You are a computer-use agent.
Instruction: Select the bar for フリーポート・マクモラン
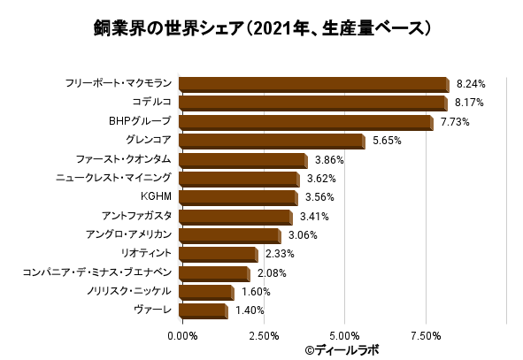pos(313,85)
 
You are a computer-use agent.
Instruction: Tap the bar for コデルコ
pos(312,103)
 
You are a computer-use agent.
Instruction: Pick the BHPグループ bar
pos(305,122)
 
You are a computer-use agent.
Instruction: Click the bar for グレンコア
pos(271,142)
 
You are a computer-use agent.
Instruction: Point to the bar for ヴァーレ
pos(203,310)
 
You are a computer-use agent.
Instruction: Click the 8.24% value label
pos(472,85)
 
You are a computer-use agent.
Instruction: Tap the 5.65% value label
pos(388,142)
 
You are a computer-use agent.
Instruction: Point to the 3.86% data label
pos(329,160)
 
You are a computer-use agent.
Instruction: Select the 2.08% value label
pos(272,273)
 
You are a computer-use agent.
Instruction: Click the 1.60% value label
pos(256,292)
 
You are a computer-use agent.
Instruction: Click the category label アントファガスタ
pos(136,216)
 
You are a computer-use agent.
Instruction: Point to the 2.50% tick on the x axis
pos(263,336)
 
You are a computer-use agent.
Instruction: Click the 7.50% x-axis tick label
pos(426,336)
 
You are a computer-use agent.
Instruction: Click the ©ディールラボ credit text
pos(341,350)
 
